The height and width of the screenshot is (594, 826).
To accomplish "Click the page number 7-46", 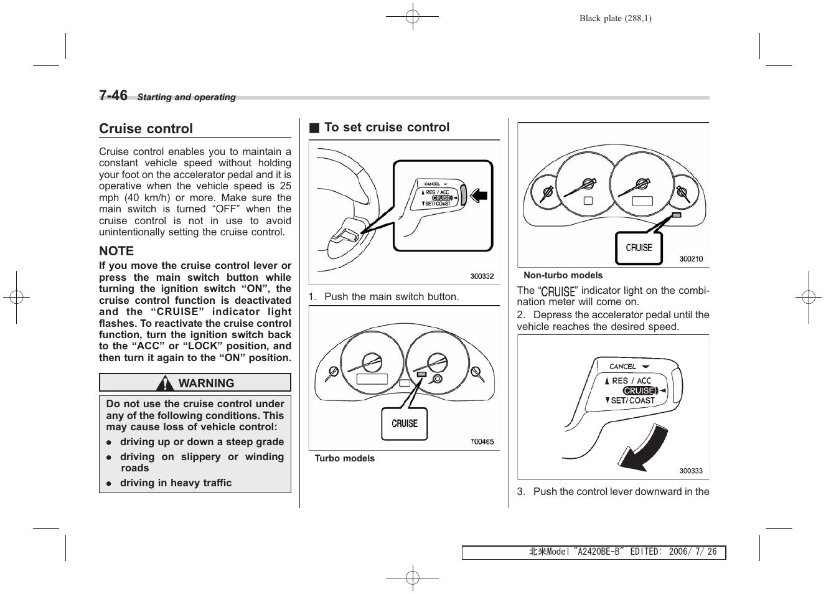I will (113, 95).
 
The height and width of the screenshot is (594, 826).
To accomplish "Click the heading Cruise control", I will (146, 129).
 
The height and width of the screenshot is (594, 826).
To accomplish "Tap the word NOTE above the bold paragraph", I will (116, 251).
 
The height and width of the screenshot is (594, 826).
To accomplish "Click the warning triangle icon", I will (165, 383).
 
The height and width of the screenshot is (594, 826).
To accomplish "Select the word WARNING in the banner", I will (206, 384).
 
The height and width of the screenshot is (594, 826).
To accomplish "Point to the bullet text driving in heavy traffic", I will (176, 483).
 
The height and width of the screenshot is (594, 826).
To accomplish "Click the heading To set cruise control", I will (387, 128).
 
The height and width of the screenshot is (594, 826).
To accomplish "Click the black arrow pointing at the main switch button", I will (478, 196).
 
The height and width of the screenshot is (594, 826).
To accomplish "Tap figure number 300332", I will (482, 276).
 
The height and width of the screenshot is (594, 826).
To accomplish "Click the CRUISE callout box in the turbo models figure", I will (405, 424).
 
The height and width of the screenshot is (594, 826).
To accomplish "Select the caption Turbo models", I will (345, 458).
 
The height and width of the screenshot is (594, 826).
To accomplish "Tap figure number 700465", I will (482, 442).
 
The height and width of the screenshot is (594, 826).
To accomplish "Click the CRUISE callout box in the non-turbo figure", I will (639, 248).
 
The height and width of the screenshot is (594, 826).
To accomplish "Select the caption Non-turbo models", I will (563, 275).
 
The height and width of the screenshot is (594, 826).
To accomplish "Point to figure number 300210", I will (691, 259).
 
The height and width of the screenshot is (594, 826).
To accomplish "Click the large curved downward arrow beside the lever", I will (645, 450).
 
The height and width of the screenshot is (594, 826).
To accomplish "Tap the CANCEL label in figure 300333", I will (622, 367).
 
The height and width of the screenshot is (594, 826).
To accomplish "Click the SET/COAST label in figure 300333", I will (632, 401).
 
